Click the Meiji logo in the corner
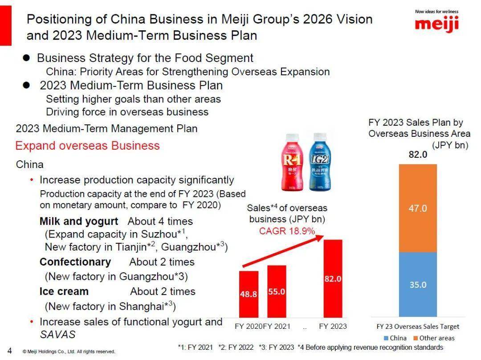[436, 22]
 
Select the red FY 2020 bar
[249, 294]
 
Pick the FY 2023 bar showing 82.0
[333, 278]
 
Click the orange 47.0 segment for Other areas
[418, 208]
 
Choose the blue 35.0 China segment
[418, 284]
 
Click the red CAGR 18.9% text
[287, 231]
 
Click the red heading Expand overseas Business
[87, 146]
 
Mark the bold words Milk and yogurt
[79, 221]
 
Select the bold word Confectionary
[75, 262]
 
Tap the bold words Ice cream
[64, 291]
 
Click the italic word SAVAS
[57, 334]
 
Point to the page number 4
[10, 350]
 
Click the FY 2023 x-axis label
[333, 327]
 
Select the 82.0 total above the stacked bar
[418, 155]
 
